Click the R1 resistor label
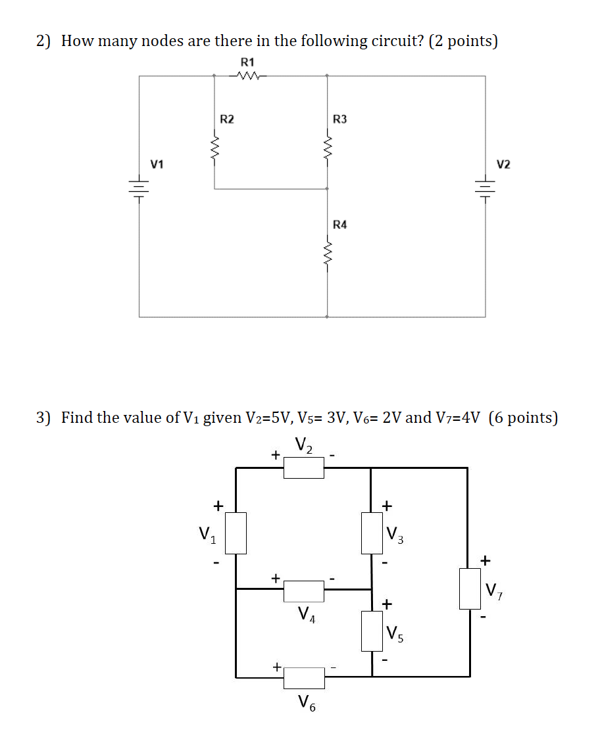coord(247,62)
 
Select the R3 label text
coord(340,119)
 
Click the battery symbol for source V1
coord(139,189)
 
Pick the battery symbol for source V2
coord(486,189)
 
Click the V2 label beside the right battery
coord(503,164)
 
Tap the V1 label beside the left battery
coord(157,164)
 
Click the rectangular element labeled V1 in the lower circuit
coord(237,533)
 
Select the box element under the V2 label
coord(303,468)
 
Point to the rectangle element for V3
coord(371,533)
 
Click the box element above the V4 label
coord(304,590)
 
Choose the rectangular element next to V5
coord(372,631)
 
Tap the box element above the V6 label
coord(304,677)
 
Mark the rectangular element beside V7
coord(469,589)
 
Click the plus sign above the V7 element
coord(486,560)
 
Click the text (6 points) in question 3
coord(524,418)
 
